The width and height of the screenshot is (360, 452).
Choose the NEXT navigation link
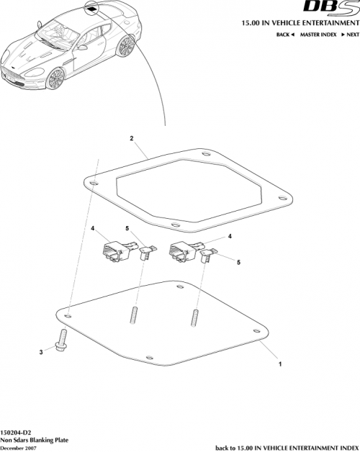point(350,35)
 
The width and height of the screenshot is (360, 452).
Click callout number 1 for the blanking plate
point(279,365)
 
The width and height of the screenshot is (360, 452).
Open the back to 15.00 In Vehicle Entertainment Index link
point(287,446)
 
